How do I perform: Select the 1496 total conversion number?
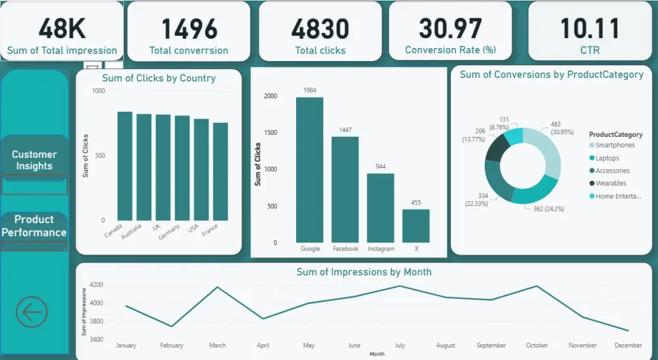[x=189, y=28]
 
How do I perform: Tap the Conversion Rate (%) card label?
[x=451, y=50]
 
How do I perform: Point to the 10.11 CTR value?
[x=590, y=28]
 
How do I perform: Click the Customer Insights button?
[x=34, y=160]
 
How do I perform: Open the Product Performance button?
[x=34, y=226]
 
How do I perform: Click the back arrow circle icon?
[x=32, y=311]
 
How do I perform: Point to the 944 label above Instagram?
[x=380, y=167]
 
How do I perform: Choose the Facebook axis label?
[x=345, y=249]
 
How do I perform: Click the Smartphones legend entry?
[x=615, y=145]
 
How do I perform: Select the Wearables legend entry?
[x=610, y=184]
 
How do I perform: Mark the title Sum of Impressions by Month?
[x=364, y=272]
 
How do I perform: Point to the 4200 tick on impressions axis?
[x=96, y=285]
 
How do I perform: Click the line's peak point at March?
[x=217, y=287]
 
